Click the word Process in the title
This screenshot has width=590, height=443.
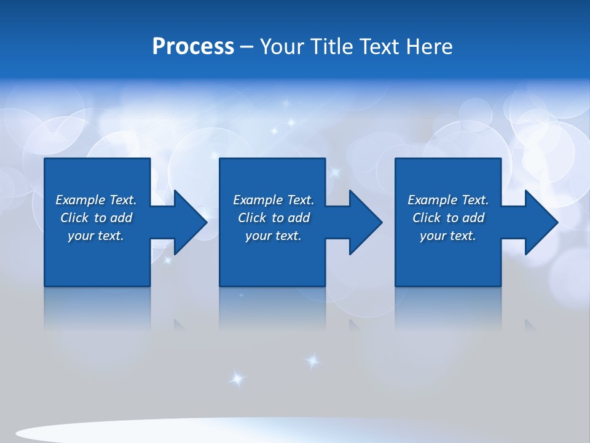click(x=193, y=47)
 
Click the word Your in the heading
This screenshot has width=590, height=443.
click(x=283, y=47)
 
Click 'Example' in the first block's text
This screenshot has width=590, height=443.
click(x=81, y=200)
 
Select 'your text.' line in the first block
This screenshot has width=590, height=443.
click(x=96, y=236)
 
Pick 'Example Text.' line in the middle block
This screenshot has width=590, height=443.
click(x=273, y=200)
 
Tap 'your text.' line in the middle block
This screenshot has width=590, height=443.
click(x=273, y=236)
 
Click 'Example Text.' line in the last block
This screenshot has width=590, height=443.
click(x=448, y=200)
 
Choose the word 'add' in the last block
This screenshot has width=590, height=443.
click(x=473, y=218)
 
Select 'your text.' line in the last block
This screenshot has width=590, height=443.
click(x=448, y=236)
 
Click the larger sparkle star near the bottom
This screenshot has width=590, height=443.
click(x=237, y=378)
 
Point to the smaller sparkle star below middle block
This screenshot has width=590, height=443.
click(x=313, y=361)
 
